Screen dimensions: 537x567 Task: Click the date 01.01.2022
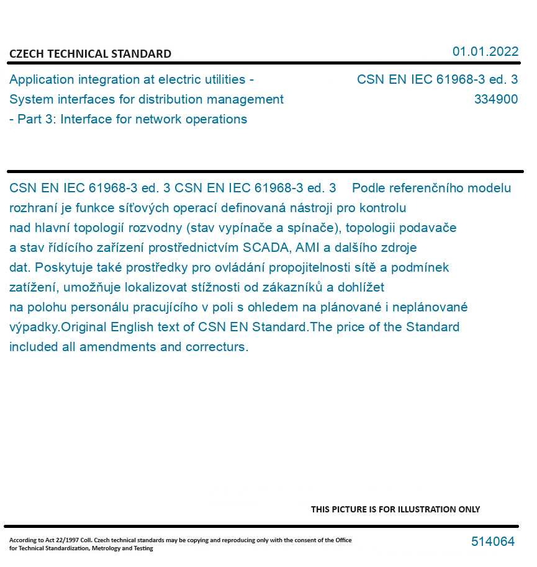485,51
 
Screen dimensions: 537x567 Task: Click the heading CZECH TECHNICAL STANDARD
90,54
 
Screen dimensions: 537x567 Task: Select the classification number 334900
495,99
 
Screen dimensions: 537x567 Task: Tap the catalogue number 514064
493,542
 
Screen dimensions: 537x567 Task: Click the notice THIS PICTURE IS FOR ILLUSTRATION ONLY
395,509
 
